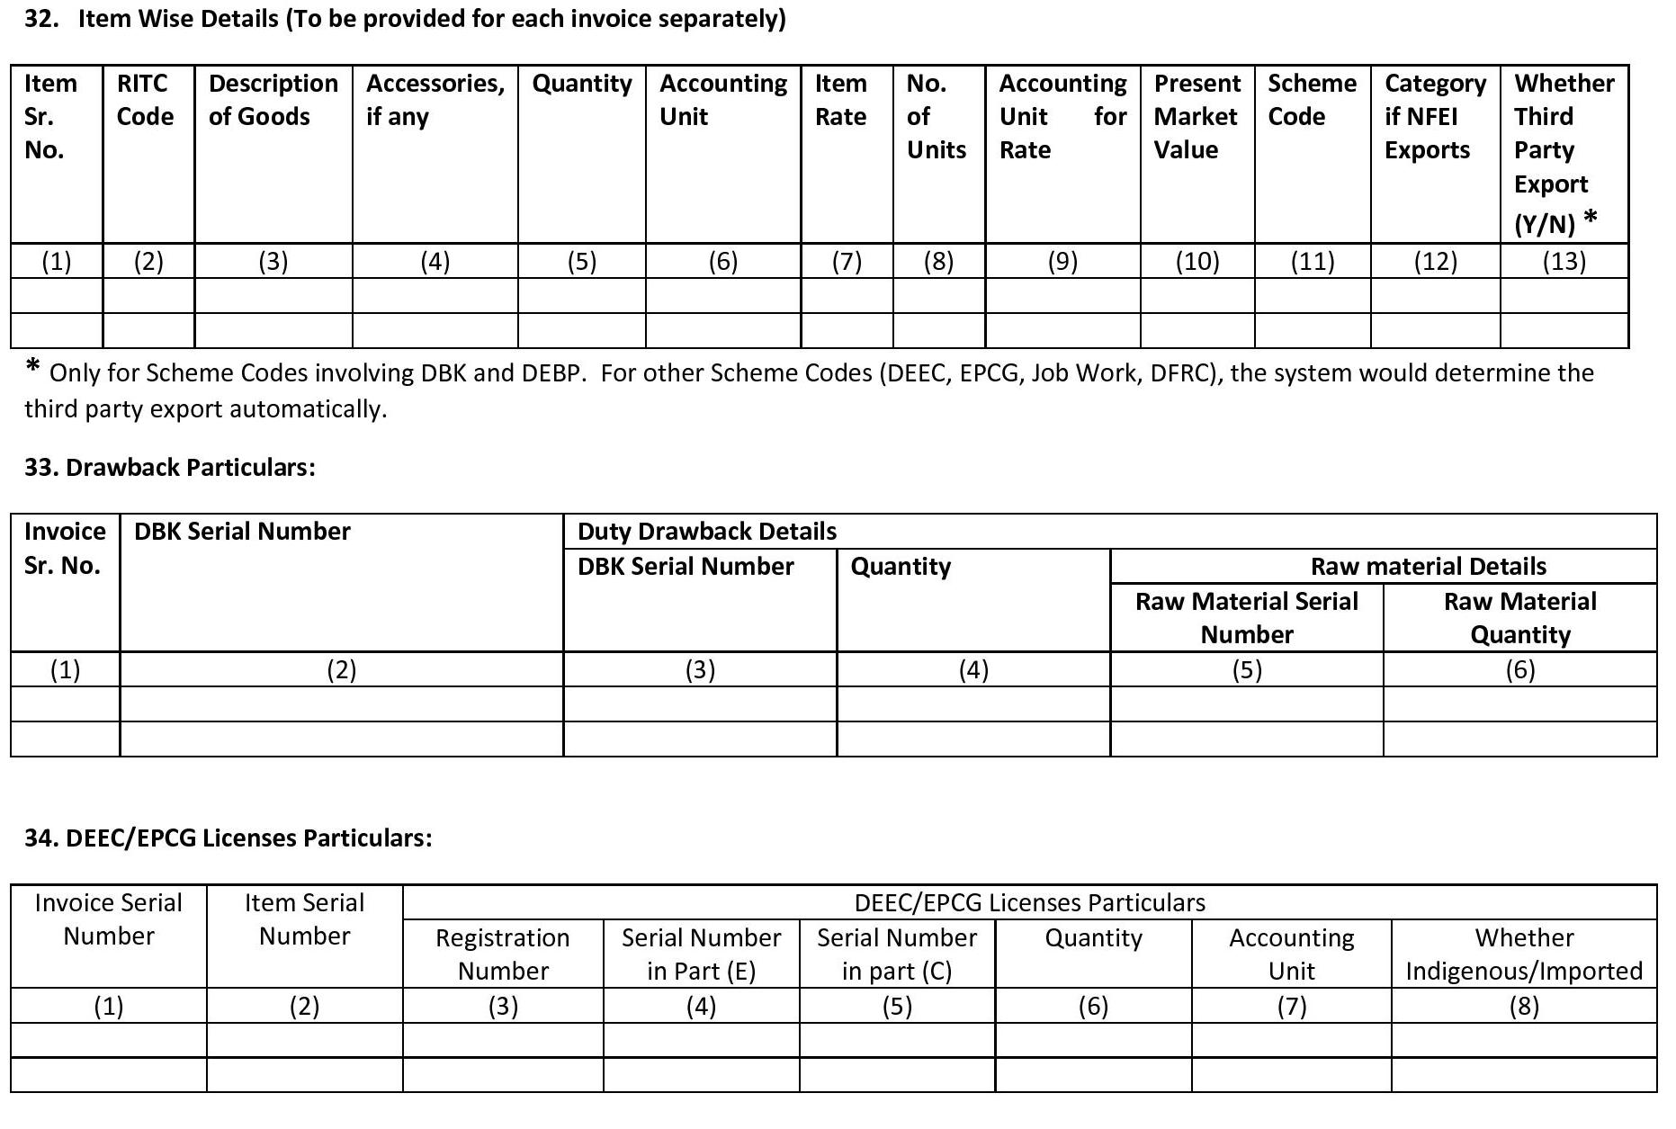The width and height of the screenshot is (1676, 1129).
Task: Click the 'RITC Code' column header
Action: pyautogui.click(x=145, y=100)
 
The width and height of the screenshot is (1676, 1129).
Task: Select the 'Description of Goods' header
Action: pyautogui.click(x=273, y=100)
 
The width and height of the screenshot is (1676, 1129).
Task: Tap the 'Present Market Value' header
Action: pyautogui.click(x=1197, y=117)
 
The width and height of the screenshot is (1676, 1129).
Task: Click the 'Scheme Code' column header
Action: pyautogui.click(x=1312, y=100)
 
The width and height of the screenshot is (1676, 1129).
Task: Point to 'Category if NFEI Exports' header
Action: pyautogui.click(x=1434, y=117)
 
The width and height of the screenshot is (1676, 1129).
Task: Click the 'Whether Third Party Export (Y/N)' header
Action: pyautogui.click(x=1563, y=151)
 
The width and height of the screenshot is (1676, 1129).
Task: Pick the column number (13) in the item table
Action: pyautogui.click(x=1564, y=262)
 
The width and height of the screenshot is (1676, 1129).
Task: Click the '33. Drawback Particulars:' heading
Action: pyautogui.click(x=170, y=468)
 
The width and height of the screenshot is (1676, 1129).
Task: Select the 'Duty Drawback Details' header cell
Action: pyautogui.click(x=706, y=532)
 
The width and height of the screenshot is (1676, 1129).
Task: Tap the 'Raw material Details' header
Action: pyautogui.click(x=1428, y=567)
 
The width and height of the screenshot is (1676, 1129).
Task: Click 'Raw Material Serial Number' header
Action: pyautogui.click(x=1246, y=618)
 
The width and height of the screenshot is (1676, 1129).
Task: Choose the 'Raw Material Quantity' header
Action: pyautogui.click(x=1519, y=618)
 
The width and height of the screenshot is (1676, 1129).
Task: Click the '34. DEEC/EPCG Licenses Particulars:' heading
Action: pyautogui.click(x=229, y=838)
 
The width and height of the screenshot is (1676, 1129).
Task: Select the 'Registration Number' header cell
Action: pyautogui.click(x=502, y=954)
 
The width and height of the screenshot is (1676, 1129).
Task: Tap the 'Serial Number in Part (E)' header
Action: pyautogui.click(x=701, y=954)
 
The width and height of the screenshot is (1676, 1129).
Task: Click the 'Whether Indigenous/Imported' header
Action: pyautogui.click(x=1523, y=954)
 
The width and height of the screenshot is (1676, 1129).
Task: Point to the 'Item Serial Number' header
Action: pyautogui.click(x=304, y=919)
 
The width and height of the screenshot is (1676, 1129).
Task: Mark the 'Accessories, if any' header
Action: pyautogui.click(x=435, y=100)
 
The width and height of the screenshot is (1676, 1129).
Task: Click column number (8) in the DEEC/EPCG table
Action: pyautogui.click(x=1523, y=1007)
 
